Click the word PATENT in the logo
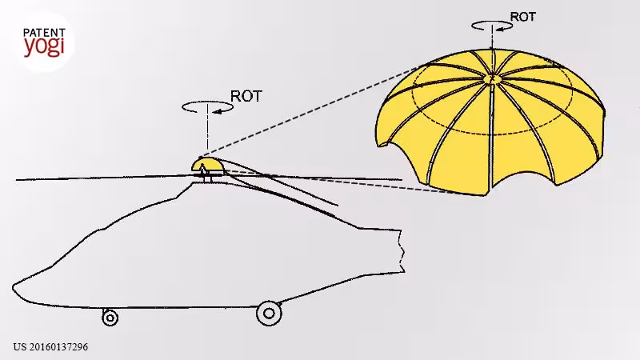tap(44, 33)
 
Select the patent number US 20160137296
tap(50, 347)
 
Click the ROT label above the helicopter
tap(246, 96)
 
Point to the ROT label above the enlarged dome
tap(523, 17)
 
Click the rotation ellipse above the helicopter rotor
tap(207, 102)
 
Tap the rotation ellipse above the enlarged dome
tap(492, 22)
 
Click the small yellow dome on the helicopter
tap(208, 165)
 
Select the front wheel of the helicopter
tap(110, 318)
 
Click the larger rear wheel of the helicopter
tap(269, 314)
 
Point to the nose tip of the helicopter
tap(14, 287)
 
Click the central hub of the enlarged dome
tap(491, 78)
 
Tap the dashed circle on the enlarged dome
tap(492, 134)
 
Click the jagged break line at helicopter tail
tap(402, 250)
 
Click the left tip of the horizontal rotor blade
tap(17, 179)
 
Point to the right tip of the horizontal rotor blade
tap(402, 178)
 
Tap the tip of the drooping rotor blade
tap(337, 205)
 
